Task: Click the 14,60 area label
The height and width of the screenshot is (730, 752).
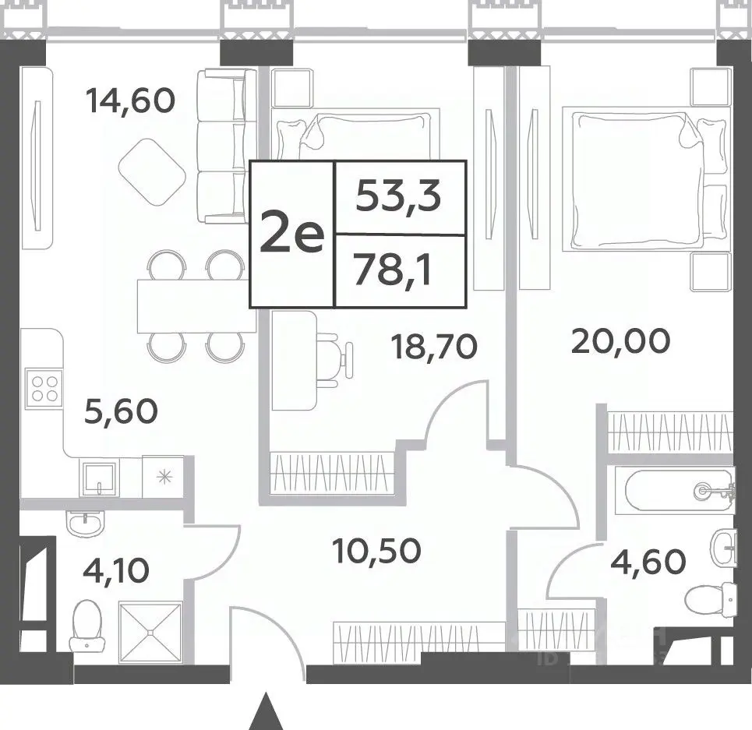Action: point(130,101)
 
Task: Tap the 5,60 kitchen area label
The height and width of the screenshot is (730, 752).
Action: point(121,411)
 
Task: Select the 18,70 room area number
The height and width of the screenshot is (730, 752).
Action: point(435,347)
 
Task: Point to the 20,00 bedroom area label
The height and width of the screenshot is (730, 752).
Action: point(620,340)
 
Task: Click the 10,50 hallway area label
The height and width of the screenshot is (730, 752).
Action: point(376,551)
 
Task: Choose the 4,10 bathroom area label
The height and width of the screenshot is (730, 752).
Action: point(116,570)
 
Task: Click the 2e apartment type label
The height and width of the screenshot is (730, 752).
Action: point(292,233)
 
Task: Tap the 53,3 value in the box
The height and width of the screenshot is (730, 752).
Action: point(398,197)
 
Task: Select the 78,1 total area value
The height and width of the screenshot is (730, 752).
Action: point(394,270)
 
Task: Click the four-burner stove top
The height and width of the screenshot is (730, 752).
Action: point(44,388)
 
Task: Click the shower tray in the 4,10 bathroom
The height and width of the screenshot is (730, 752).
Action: point(150,633)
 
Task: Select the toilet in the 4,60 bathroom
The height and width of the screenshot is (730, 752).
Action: point(710,598)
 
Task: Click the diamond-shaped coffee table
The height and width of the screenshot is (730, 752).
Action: point(151,172)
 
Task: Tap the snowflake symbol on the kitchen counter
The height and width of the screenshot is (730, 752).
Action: point(164,477)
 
